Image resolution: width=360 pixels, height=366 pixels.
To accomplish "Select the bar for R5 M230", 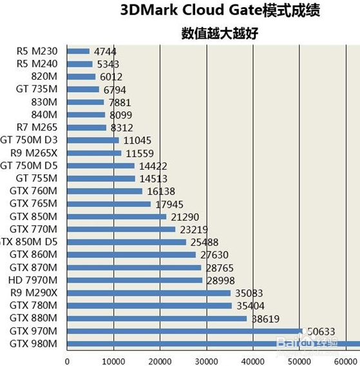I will [78, 51].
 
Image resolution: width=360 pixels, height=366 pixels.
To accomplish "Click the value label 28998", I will [218, 280].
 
